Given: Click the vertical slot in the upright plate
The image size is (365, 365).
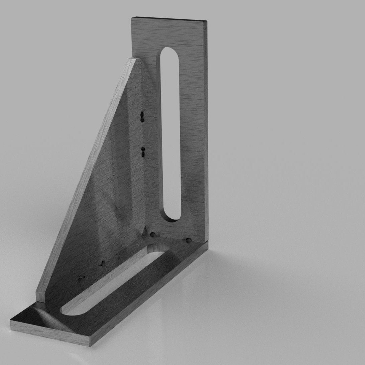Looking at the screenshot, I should pyautogui.click(x=170, y=134).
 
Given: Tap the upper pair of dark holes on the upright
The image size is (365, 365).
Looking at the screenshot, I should pyautogui.click(x=142, y=116).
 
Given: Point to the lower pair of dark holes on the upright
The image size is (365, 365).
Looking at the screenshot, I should pyautogui.click(x=143, y=152).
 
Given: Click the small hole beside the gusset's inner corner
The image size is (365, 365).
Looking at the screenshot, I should pyautogui.click(x=152, y=235).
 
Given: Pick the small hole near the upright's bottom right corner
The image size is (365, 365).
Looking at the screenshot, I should pyautogui.click(x=188, y=240).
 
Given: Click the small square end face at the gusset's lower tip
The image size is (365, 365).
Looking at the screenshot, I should pyautogui.click(x=41, y=296).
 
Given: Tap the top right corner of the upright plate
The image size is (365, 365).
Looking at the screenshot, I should pyautogui.click(x=206, y=21).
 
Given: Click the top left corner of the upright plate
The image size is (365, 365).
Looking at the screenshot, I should pyautogui.click(x=132, y=17).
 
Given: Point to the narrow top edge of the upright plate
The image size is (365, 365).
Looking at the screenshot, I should pyautogui.click(x=169, y=19).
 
